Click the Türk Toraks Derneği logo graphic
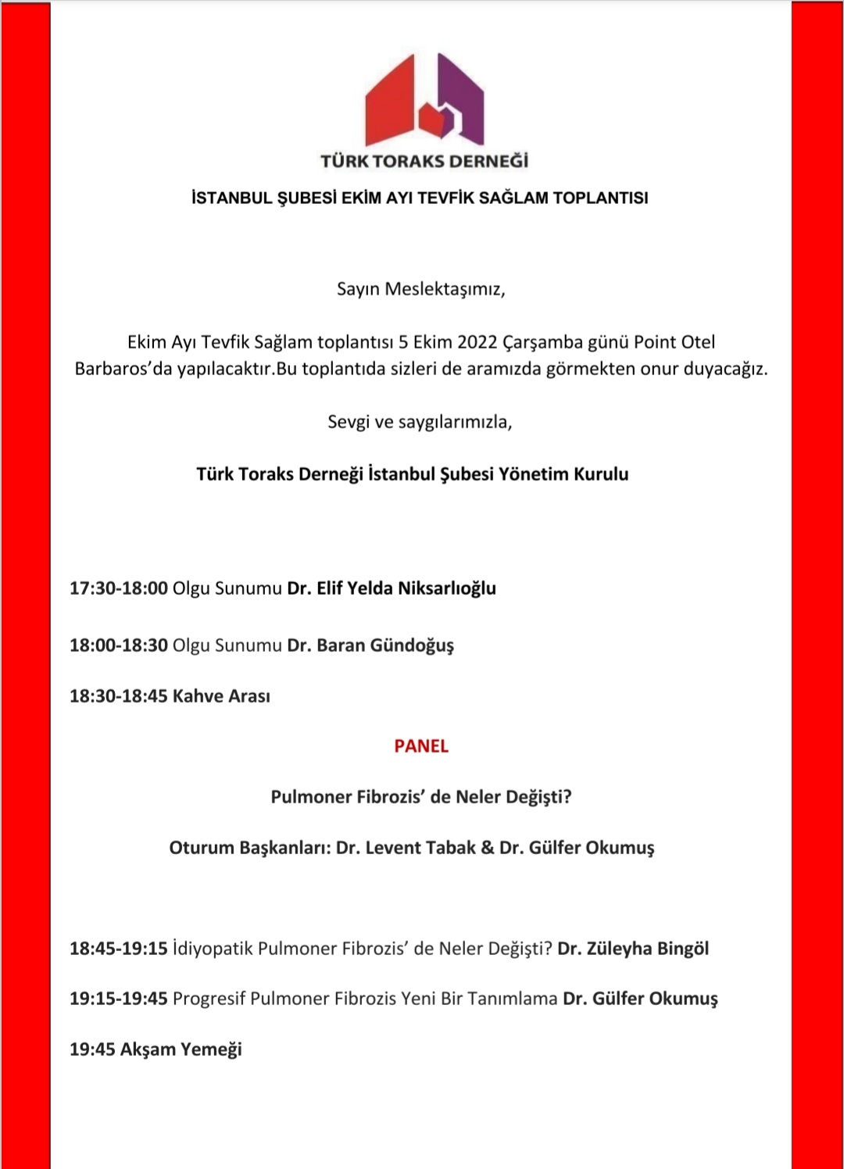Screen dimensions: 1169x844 (x=424, y=100)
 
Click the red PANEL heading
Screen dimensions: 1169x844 (x=421, y=746)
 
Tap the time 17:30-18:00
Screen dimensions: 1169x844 (x=118, y=588)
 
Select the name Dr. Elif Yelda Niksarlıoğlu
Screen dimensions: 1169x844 (x=392, y=588)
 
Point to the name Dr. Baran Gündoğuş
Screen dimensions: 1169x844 (x=370, y=645)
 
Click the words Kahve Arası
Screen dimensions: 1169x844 (x=221, y=696)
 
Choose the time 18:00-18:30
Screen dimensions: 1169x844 (x=118, y=645)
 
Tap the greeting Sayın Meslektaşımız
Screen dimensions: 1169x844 (x=420, y=289)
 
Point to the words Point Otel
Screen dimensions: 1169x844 (x=674, y=342)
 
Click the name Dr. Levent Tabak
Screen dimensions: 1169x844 (x=406, y=848)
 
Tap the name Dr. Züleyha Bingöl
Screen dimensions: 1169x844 (x=633, y=949)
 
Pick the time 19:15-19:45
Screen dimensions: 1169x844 (x=118, y=999)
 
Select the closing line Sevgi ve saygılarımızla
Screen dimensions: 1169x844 (x=420, y=422)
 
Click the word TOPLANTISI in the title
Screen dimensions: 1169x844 (x=600, y=198)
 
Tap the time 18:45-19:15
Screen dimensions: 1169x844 (x=118, y=949)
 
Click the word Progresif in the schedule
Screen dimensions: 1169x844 (x=209, y=999)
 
